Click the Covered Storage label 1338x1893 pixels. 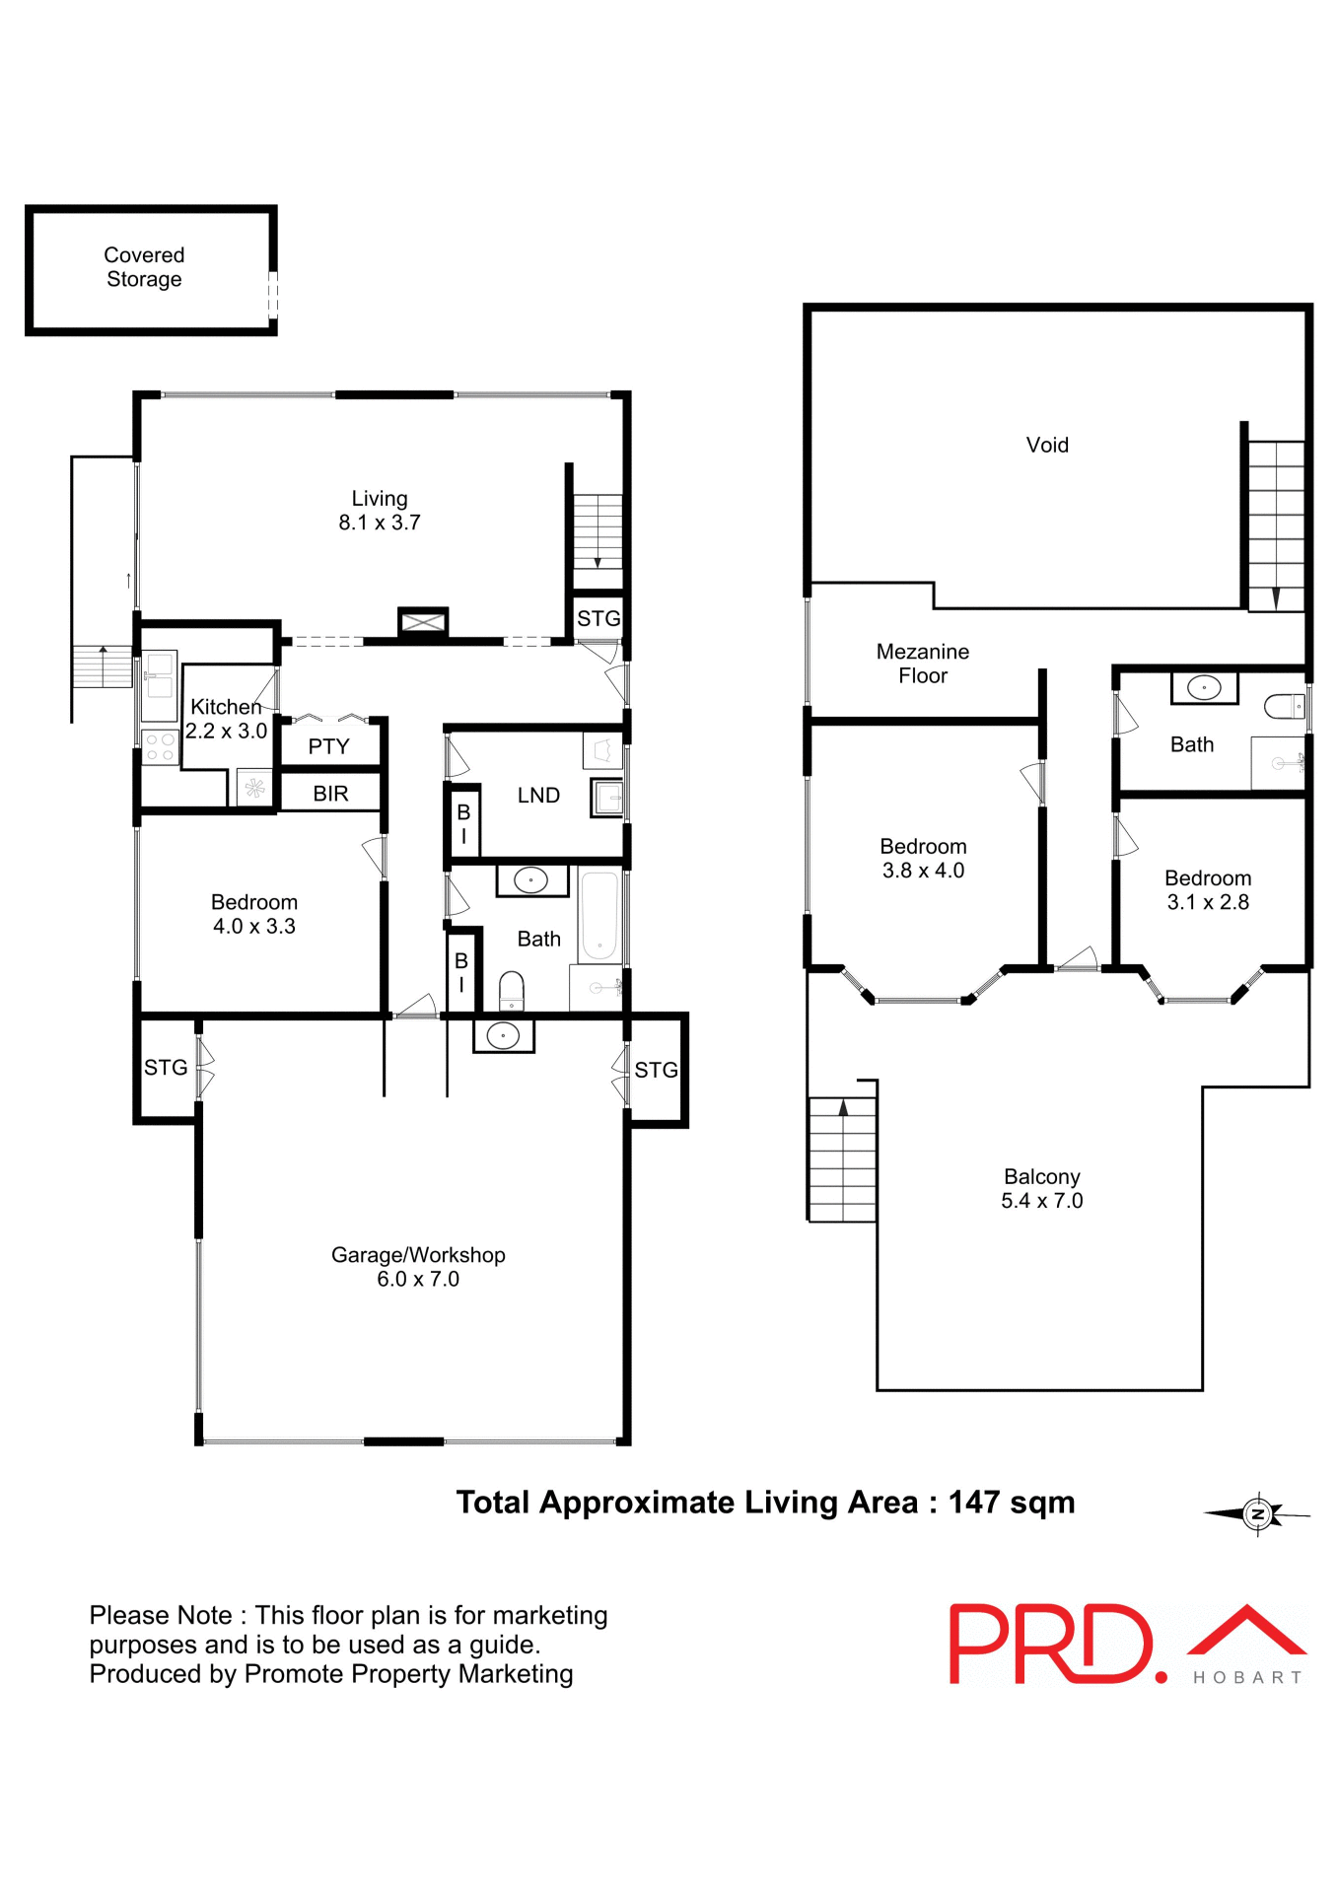click(x=144, y=267)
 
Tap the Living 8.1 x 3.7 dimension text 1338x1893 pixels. click(x=380, y=523)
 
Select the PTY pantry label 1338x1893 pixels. click(x=328, y=746)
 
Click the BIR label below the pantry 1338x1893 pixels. click(x=330, y=794)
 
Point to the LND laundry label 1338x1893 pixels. click(x=538, y=795)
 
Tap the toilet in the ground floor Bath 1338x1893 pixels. click(x=511, y=990)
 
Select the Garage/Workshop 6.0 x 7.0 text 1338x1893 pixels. click(x=418, y=1267)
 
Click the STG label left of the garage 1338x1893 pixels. click(x=166, y=1067)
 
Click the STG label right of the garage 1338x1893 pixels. click(x=656, y=1070)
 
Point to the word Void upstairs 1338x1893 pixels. click(x=1046, y=445)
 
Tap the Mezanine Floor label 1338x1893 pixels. click(x=922, y=664)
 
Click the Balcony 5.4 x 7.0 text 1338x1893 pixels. click(x=1041, y=1188)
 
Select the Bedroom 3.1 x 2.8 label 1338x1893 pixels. click(x=1207, y=890)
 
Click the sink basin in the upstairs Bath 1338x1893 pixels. click(x=1204, y=687)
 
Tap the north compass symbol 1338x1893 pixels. click(x=1257, y=1513)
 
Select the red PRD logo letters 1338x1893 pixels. click(x=1049, y=1644)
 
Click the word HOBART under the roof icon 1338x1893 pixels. click(x=1247, y=1677)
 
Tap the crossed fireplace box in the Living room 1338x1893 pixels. click(x=423, y=622)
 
